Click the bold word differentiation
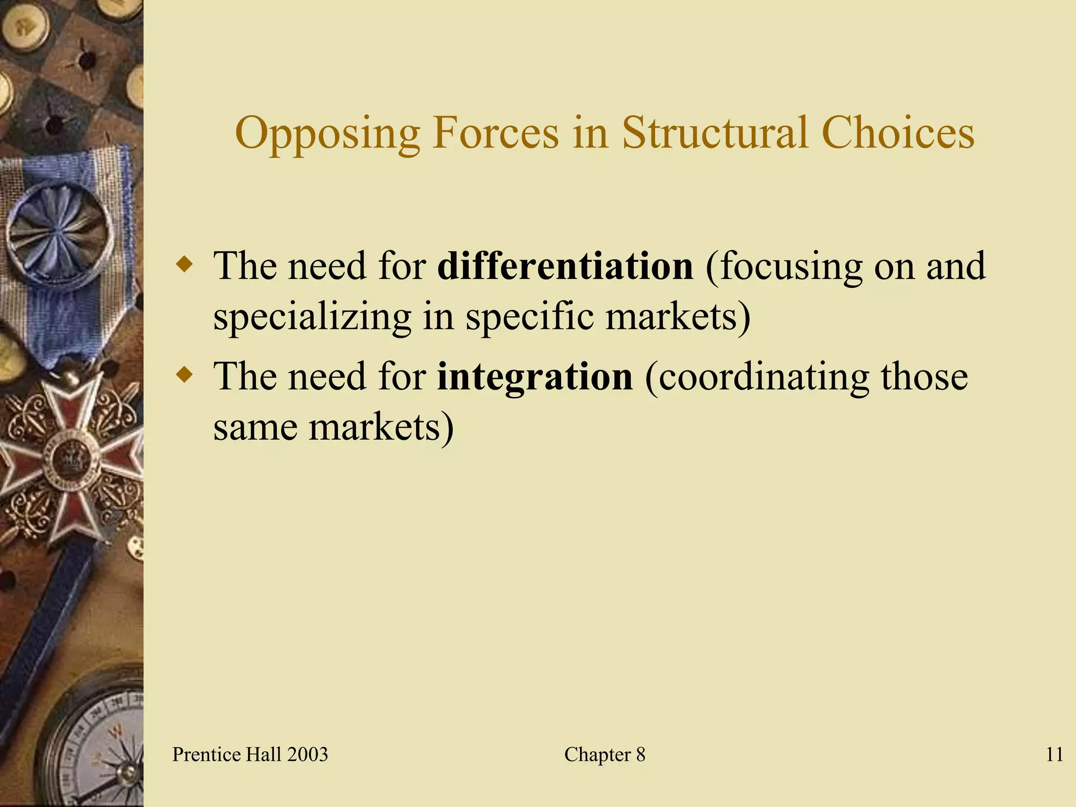click(565, 266)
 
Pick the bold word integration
click(534, 376)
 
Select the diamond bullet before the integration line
click(184, 375)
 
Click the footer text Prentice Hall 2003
click(250, 754)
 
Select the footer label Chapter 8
click(604, 754)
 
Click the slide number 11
click(1054, 754)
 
